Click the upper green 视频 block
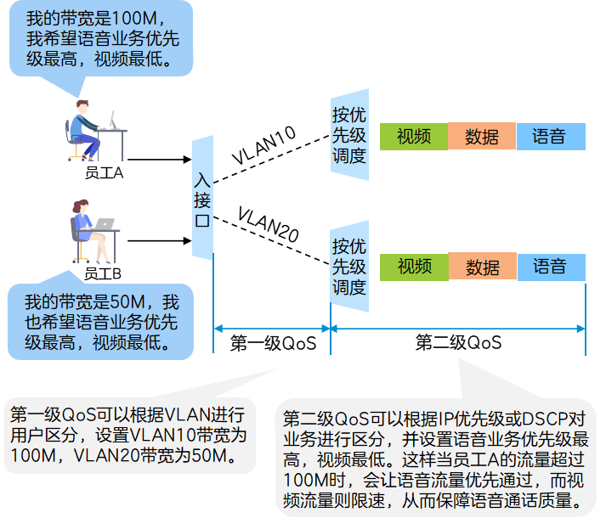click(414, 136)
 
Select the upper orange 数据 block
click(482, 136)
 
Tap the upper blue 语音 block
click(551, 136)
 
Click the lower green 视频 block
click(414, 267)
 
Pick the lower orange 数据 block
click(483, 267)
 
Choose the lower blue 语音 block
click(551, 267)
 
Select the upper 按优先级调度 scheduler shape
click(349, 135)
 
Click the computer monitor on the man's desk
click(112, 119)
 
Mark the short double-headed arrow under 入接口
click(271, 328)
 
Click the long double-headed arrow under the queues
click(458, 328)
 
